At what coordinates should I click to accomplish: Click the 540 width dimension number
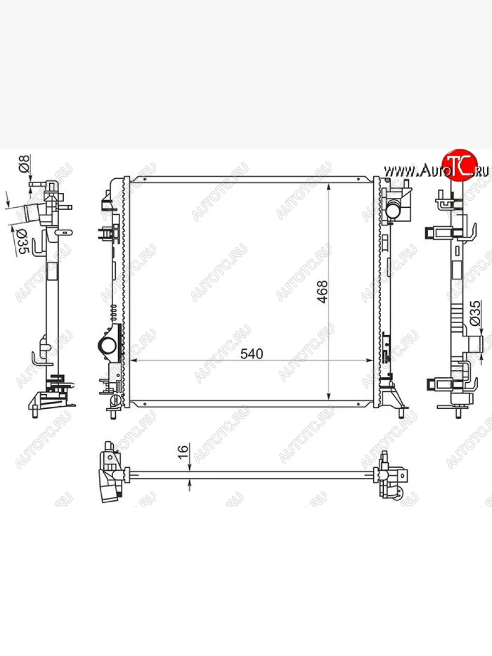(x=251, y=354)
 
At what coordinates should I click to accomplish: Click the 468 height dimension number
(x=323, y=292)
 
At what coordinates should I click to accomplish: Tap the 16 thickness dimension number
(x=183, y=452)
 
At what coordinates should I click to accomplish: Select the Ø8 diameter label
(x=25, y=164)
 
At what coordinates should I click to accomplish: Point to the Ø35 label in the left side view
(x=22, y=242)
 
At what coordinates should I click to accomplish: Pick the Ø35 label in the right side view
(x=475, y=313)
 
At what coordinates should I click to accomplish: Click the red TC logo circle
(x=460, y=166)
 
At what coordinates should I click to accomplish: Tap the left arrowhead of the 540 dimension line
(x=134, y=360)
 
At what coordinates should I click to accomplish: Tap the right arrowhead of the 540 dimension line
(x=370, y=360)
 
